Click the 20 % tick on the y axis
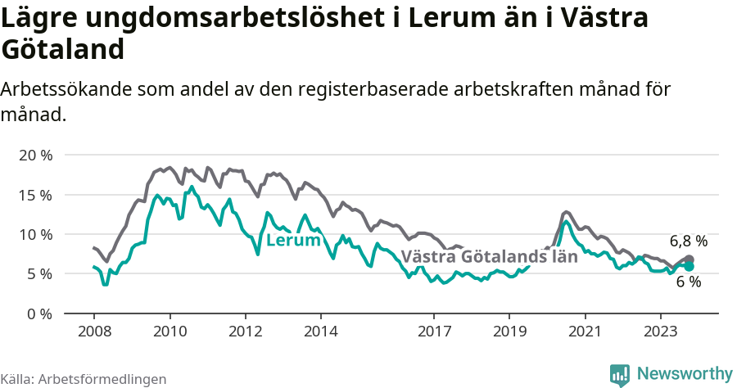[35, 155]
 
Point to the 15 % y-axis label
[35, 195]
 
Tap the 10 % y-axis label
[35, 234]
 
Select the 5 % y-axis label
[38, 273]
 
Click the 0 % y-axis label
[38, 314]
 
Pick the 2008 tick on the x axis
[93, 332]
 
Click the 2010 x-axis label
[170, 332]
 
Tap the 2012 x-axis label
[245, 332]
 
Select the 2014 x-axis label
[320, 332]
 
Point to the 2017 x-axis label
[434, 332]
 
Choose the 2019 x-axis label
[509, 332]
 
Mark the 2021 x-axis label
[585, 332]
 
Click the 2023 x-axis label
[660, 332]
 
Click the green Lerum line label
[293, 241]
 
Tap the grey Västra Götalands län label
[489, 256]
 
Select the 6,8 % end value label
[689, 241]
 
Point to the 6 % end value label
[689, 282]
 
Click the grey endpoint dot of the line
[690, 259]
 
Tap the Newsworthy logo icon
[620, 374]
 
